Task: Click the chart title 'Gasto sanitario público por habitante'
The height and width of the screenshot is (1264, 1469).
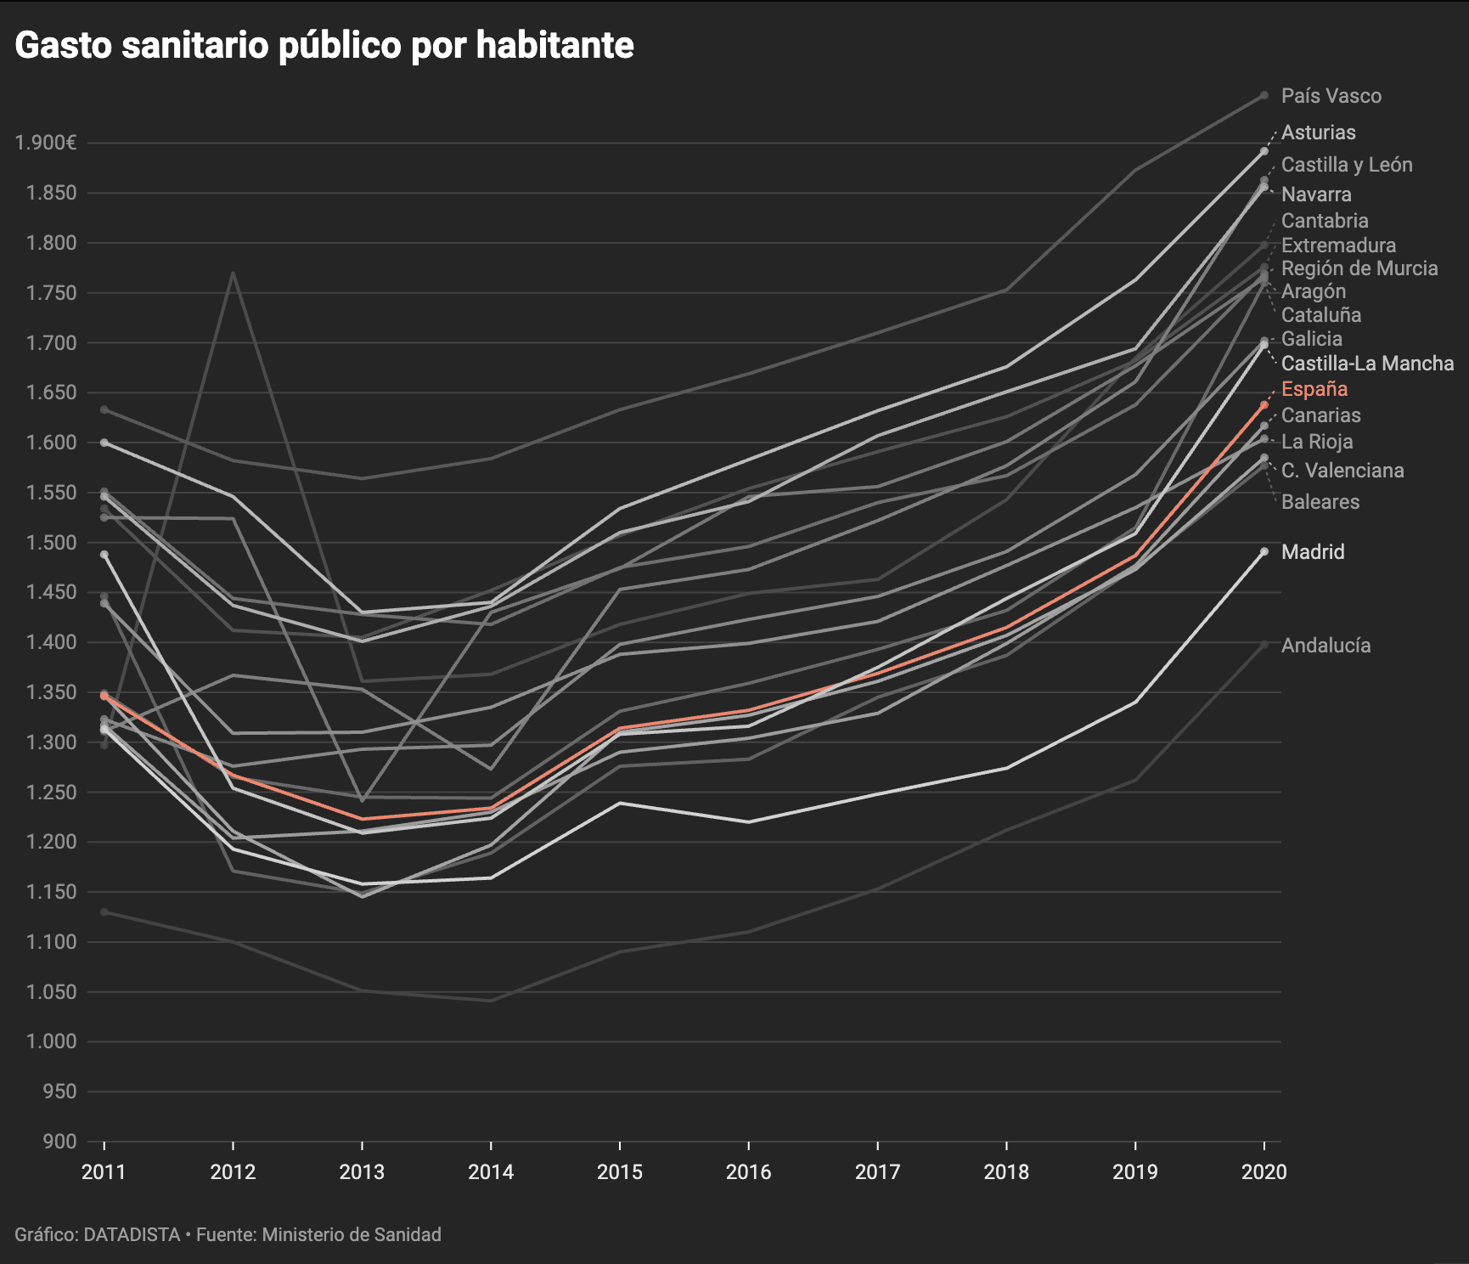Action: [324, 46]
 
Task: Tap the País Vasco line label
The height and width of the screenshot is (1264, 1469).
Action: [1331, 96]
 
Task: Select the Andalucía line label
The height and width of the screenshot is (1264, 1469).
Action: [1325, 646]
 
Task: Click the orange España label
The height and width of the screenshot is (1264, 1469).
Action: [1314, 389]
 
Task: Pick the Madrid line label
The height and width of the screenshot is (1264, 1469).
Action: [1313, 552]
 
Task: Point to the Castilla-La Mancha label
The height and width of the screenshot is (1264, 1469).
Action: [1367, 364]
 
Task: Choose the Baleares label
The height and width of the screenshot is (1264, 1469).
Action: [1320, 502]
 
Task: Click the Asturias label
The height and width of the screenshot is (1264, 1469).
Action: [1318, 133]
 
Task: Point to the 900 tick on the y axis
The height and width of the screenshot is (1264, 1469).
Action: [59, 1142]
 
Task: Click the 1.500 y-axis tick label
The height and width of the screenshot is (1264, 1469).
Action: [52, 543]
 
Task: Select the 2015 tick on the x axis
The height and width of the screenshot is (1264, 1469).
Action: [619, 1172]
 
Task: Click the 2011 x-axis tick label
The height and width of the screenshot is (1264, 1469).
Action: [104, 1172]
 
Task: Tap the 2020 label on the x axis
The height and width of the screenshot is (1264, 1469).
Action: [1264, 1172]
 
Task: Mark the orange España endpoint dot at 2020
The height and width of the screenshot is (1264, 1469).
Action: [1264, 404]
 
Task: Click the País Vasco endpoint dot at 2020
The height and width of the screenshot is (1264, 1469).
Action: [1264, 95]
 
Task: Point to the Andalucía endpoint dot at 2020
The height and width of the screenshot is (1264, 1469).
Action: [1264, 645]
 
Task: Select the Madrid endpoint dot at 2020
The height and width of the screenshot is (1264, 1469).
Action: [1264, 551]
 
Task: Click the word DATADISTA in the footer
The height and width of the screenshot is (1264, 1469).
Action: [132, 1234]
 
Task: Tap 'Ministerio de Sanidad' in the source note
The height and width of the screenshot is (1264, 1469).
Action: [352, 1234]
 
